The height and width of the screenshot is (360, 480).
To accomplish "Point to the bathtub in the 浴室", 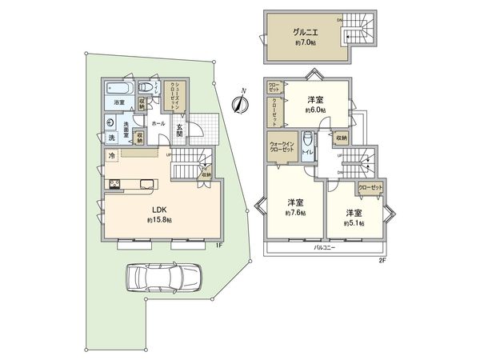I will click(118, 86).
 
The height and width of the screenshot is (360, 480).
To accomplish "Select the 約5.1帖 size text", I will click(356, 223).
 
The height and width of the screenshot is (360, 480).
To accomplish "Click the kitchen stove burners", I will click(115, 185).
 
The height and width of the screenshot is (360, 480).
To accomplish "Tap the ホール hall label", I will click(158, 124).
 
